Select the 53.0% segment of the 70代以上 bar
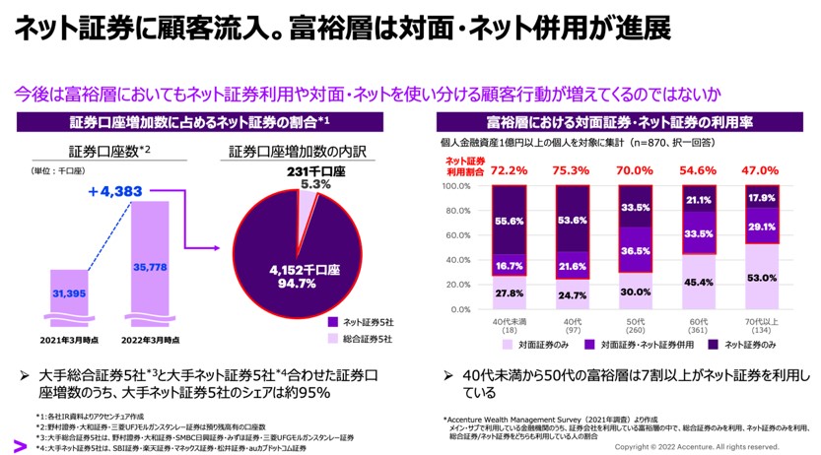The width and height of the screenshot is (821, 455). click(760, 277)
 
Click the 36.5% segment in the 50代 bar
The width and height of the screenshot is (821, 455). click(636, 250)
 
